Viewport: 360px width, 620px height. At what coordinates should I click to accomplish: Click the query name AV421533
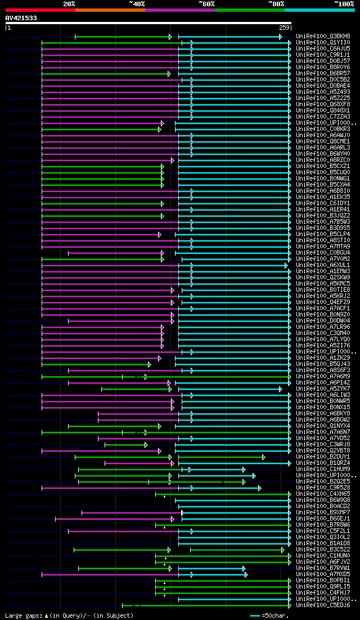(x=21, y=18)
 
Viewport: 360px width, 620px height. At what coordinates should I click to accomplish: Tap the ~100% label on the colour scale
(x=344, y=4)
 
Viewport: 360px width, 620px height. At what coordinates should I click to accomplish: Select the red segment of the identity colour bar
(x=40, y=10)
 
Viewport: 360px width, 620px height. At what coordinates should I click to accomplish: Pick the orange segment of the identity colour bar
(x=110, y=10)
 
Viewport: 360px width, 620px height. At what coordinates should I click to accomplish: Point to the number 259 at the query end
(x=283, y=28)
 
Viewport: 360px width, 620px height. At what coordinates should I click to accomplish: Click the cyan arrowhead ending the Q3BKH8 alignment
(x=280, y=37)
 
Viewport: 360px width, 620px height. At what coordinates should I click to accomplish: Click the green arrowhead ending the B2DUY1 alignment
(x=263, y=456)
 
